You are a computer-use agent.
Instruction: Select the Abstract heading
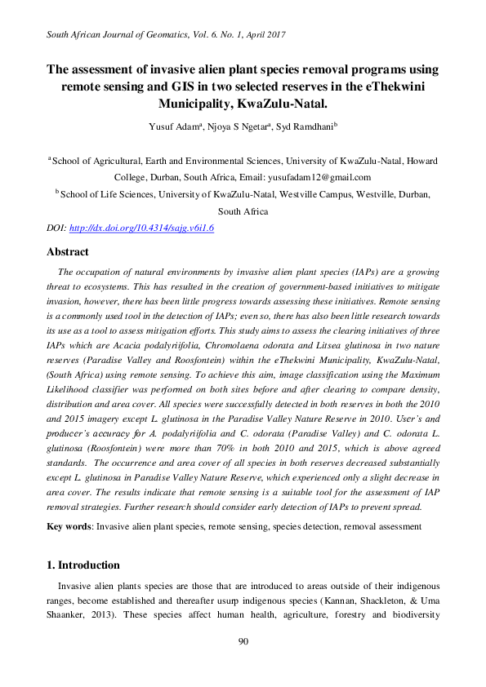click(68, 252)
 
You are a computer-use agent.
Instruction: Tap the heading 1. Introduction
click(83, 565)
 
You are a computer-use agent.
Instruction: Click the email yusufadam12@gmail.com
click(320, 177)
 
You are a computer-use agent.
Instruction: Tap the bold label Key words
click(69, 527)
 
